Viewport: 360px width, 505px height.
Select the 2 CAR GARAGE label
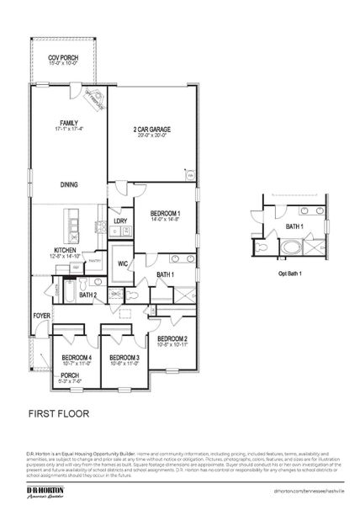pos(151,130)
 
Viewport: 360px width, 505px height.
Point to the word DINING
pos(69,184)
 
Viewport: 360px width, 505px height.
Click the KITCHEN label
pos(66,250)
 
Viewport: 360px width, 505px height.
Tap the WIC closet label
pos(122,263)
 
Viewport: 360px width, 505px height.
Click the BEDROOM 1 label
pos(165,214)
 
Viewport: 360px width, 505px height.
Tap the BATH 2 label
pos(88,295)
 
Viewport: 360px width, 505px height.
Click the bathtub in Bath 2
pos(69,291)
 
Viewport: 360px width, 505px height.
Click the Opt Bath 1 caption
pos(289,274)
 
